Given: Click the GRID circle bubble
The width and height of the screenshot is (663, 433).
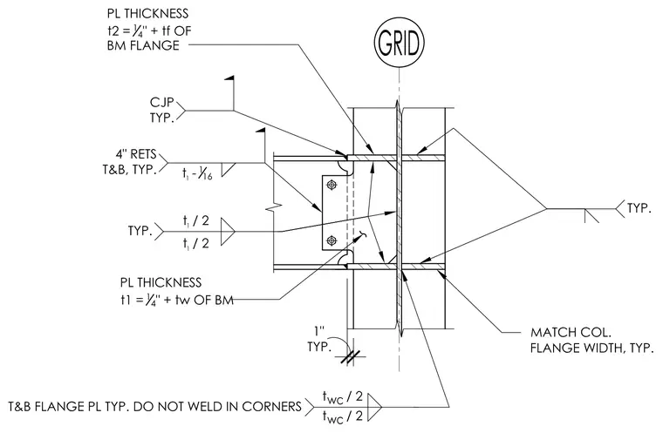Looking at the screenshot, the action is click(399, 43).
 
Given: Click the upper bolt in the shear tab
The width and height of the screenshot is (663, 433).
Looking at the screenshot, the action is click(331, 185).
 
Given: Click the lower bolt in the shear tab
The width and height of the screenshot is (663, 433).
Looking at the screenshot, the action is click(331, 240).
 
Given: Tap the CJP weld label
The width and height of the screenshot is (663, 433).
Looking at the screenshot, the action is click(162, 103).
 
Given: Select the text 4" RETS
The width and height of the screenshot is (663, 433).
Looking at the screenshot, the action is click(136, 154).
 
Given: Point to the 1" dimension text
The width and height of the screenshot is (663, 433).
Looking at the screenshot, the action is click(319, 331).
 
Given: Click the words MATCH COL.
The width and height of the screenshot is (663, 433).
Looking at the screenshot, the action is click(571, 333).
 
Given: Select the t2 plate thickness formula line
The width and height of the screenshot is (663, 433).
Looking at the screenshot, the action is click(149, 30).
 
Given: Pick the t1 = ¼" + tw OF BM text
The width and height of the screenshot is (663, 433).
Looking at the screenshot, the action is click(177, 300).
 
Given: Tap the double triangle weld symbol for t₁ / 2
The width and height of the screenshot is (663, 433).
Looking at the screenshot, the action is click(227, 232).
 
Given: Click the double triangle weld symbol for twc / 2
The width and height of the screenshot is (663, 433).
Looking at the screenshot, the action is click(374, 407).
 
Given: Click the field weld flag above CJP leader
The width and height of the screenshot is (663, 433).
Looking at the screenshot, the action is click(229, 78).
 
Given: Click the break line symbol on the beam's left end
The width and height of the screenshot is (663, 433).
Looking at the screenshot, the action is click(274, 208).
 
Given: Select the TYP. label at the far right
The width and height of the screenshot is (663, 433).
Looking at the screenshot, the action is click(639, 208).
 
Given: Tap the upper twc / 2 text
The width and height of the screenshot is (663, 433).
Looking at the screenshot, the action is click(343, 396).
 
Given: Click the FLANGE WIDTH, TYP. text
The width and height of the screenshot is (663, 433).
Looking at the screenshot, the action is click(592, 348).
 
